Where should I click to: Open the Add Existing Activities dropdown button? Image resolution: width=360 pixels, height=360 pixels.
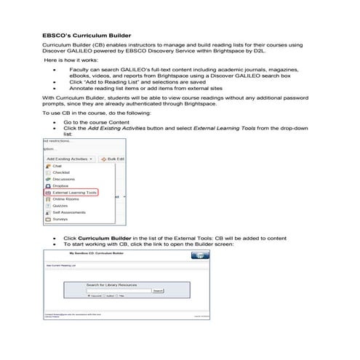tap(70, 158)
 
